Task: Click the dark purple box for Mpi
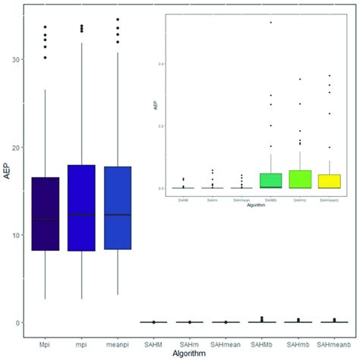(46, 214)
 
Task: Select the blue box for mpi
(82, 207)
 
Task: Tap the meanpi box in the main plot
(118, 207)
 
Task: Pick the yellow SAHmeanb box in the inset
(330, 181)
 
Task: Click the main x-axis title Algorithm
(191, 354)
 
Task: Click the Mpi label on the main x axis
(46, 342)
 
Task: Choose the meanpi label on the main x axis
(118, 342)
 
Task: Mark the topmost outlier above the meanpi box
(118, 19)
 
